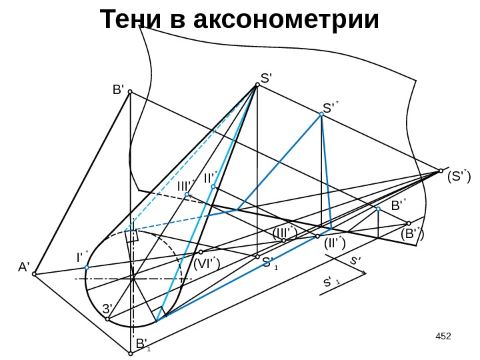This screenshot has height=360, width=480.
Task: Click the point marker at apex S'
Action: click(257, 85)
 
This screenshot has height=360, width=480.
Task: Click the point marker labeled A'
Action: click(35, 273)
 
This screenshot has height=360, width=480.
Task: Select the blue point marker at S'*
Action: click(321, 115)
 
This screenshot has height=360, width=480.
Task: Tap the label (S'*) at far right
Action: click(458, 177)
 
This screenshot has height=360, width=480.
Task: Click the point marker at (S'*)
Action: click(441, 170)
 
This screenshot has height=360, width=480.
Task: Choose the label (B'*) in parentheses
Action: click(412, 234)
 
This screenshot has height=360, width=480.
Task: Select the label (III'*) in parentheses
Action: click(285, 233)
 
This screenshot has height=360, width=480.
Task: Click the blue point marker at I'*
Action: click(87, 268)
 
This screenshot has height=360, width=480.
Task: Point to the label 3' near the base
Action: click(107, 309)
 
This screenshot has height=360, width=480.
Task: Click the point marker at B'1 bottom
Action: click(131, 354)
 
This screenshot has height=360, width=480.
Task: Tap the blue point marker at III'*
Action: click(187, 195)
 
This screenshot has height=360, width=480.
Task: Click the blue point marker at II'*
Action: click(213, 187)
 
